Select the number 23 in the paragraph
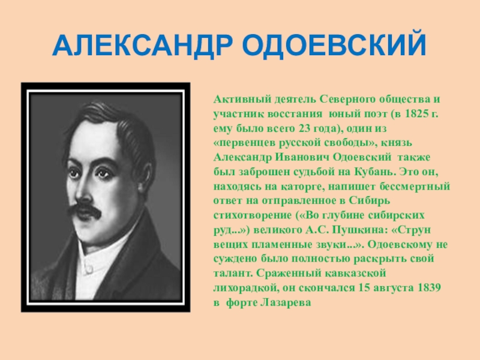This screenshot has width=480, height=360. tap(304, 128)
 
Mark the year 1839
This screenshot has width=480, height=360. tap(428, 287)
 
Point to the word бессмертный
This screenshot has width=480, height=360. tap(415, 186)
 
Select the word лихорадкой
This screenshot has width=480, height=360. tap(245, 288)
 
